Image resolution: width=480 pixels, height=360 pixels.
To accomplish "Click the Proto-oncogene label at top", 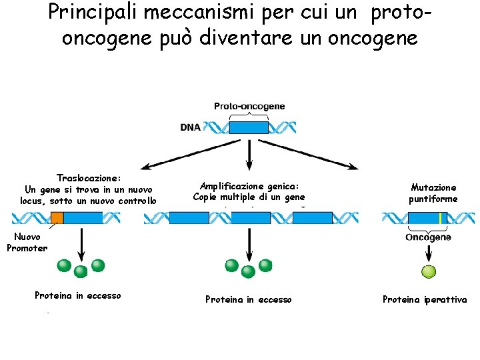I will (249, 107).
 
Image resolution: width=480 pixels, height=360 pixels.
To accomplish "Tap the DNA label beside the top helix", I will (190, 127).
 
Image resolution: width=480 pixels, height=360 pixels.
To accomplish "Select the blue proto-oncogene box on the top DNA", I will (249, 127).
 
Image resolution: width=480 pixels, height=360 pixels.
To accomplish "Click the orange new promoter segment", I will (57, 217).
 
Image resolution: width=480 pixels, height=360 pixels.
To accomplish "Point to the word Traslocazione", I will (89, 178).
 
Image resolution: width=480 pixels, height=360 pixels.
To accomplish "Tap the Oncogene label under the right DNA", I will (428, 237).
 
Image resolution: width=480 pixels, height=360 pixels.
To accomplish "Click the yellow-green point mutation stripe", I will (440, 218).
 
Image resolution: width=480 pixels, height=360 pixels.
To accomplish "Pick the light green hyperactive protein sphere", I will (428, 271).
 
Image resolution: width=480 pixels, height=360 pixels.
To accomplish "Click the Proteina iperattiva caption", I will (425, 300).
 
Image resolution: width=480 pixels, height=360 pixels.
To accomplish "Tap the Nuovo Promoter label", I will (27, 243).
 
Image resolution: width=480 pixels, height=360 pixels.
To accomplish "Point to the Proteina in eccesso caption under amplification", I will (249, 300).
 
